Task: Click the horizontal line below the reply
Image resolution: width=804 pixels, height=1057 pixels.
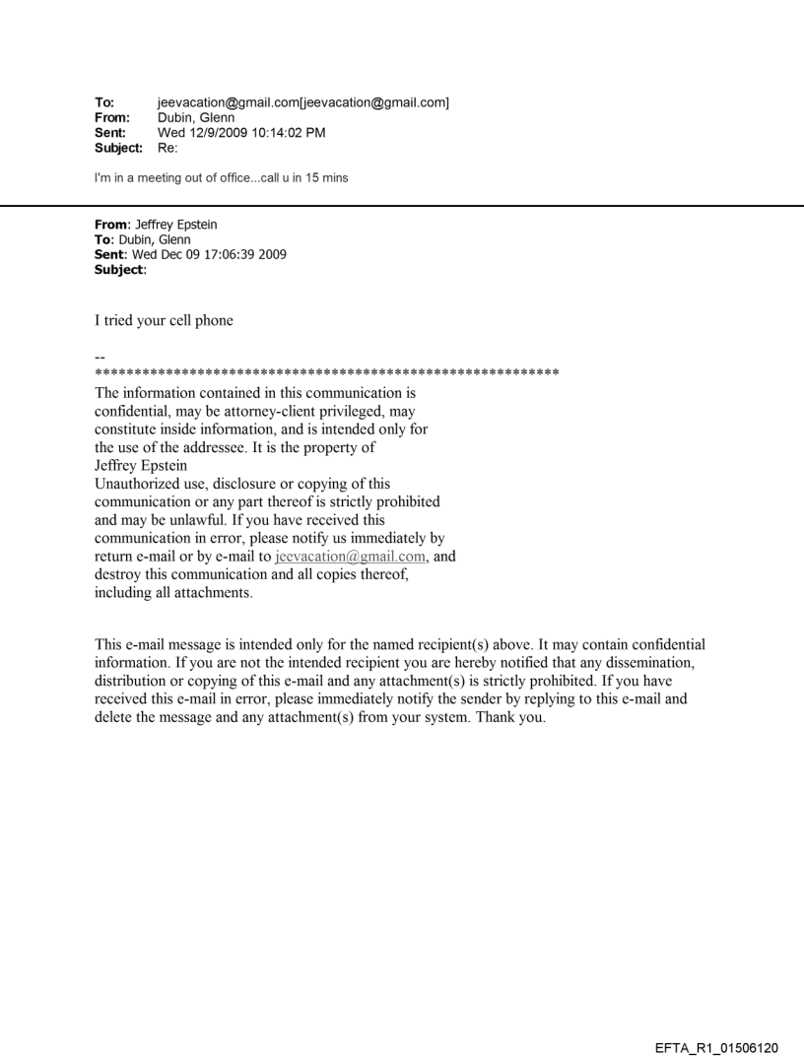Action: [402, 205]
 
